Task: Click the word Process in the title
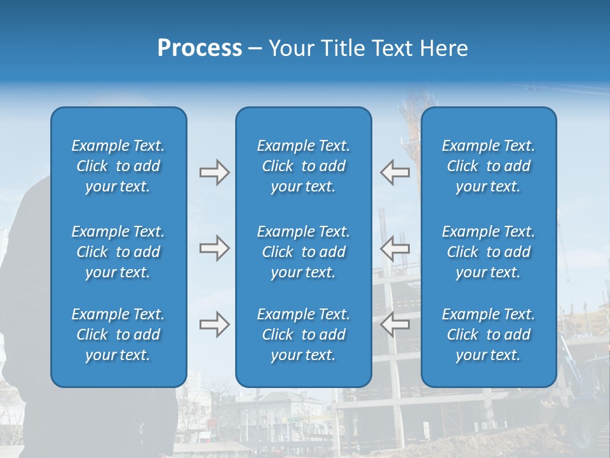point(200,48)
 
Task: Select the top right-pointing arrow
point(214,172)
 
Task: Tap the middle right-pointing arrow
point(214,248)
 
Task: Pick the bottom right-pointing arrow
point(214,324)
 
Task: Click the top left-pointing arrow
point(395,172)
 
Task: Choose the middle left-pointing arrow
point(395,248)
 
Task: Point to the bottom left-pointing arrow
point(395,324)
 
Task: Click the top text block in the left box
point(118,166)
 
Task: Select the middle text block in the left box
point(118,252)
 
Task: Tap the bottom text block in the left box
point(118,335)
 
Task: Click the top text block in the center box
point(303,166)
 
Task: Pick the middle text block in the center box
point(303,252)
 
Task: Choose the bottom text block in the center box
point(303,335)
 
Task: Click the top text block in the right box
point(488,166)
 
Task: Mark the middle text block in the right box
point(488,252)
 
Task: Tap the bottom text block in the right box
point(488,335)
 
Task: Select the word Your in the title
point(290,48)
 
